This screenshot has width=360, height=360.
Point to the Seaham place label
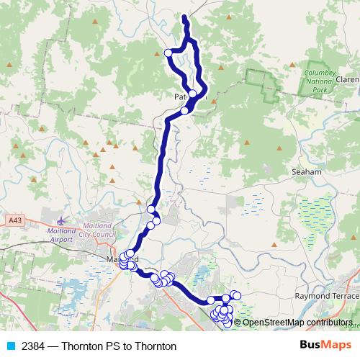pos(306,173)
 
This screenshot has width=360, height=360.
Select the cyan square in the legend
pos(10,346)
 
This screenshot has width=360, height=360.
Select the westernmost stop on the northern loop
pos(169,53)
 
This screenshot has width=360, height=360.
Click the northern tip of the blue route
pos(184,17)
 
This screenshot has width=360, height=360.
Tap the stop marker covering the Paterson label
pos(193,94)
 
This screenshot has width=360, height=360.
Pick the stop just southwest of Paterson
pos(185,110)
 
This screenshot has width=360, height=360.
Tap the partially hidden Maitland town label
pos(112,258)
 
